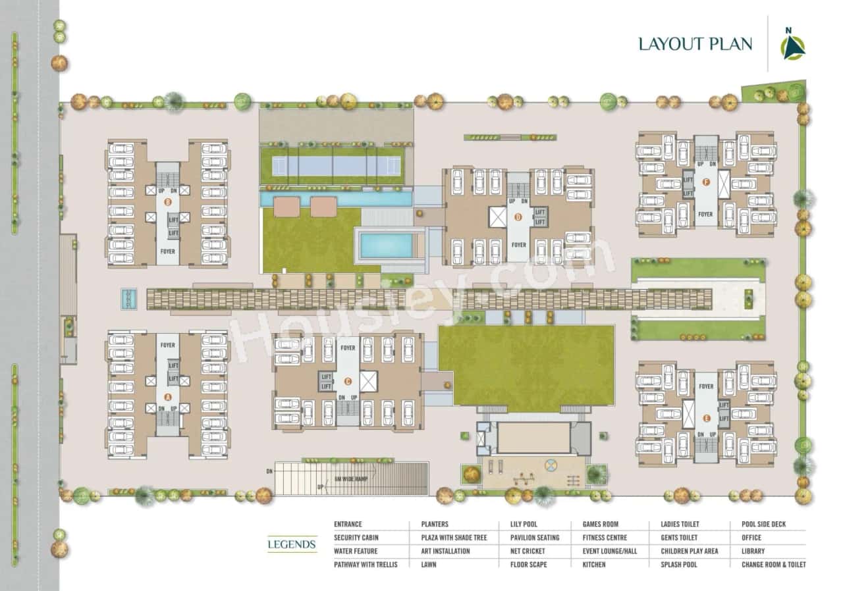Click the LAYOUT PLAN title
point(695,44)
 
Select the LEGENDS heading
point(292,544)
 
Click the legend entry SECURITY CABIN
point(356,538)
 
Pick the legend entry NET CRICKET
point(528,551)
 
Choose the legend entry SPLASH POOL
point(679,565)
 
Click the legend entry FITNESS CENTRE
point(605,538)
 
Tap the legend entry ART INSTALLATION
point(445,551)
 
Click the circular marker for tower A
point(167,397)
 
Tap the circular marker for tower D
point(518,217)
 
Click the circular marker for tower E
point(705,417)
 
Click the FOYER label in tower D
point(518,245)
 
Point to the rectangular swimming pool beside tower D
point(387,245)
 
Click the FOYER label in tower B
point(168,251)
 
